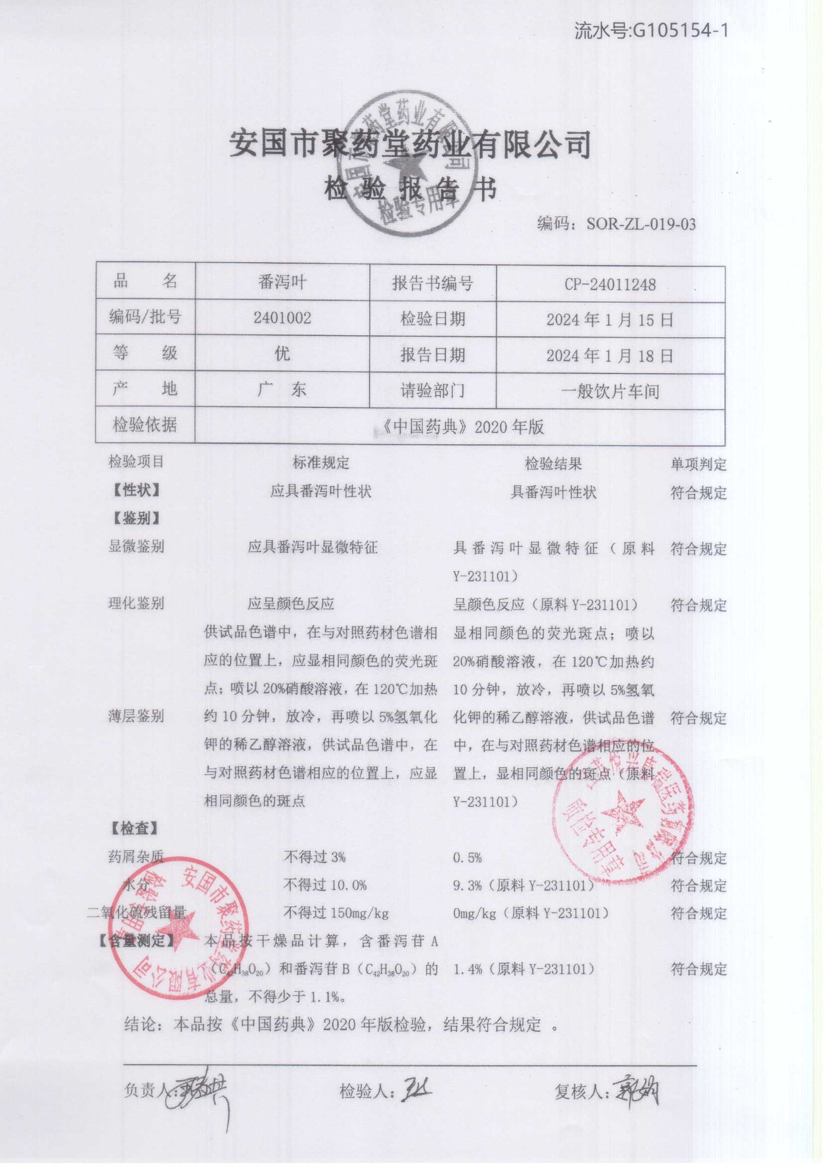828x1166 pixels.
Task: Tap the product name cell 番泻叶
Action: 282,282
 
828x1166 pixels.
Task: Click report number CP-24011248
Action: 610,285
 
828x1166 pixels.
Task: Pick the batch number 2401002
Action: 282,317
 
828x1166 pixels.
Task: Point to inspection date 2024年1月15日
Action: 610,320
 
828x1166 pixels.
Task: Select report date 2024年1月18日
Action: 610,355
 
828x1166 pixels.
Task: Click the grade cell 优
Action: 282,353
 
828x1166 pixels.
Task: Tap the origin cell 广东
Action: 282,390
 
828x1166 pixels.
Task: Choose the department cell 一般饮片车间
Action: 610,391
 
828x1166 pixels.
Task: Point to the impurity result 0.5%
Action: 467,857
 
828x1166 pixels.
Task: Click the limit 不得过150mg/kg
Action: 336,913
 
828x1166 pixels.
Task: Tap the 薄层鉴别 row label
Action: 136,716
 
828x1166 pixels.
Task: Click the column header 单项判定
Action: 699,464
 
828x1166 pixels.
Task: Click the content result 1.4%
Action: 467,969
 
